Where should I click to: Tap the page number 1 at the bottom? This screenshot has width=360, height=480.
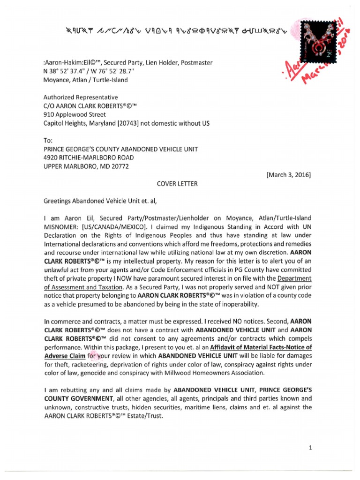[311, 448]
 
